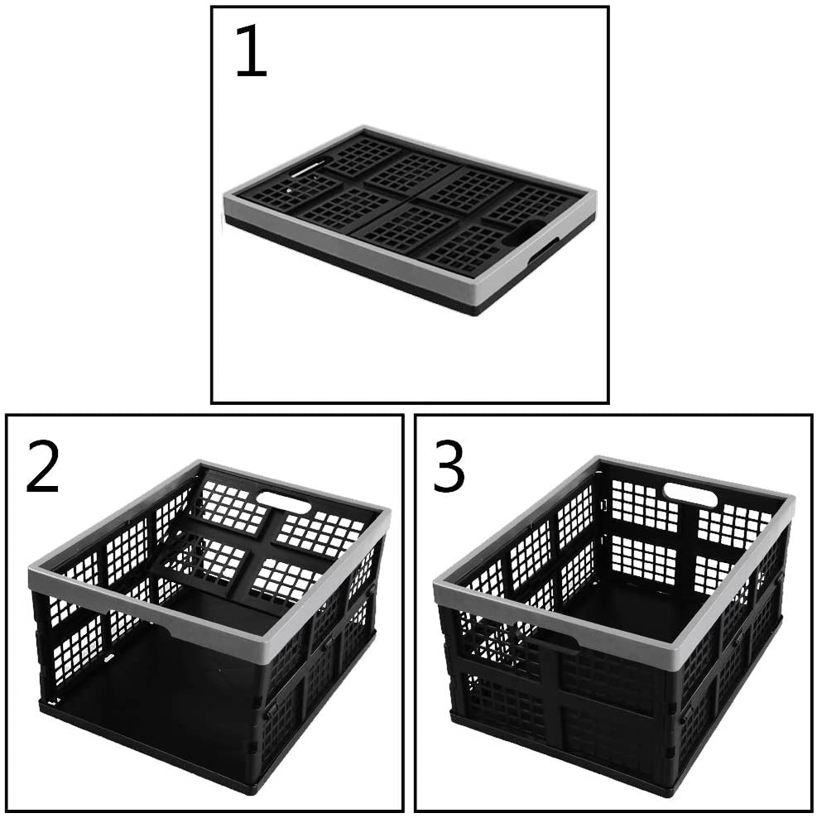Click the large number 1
[x=251, y=54]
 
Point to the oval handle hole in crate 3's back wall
[x=690, y=496]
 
